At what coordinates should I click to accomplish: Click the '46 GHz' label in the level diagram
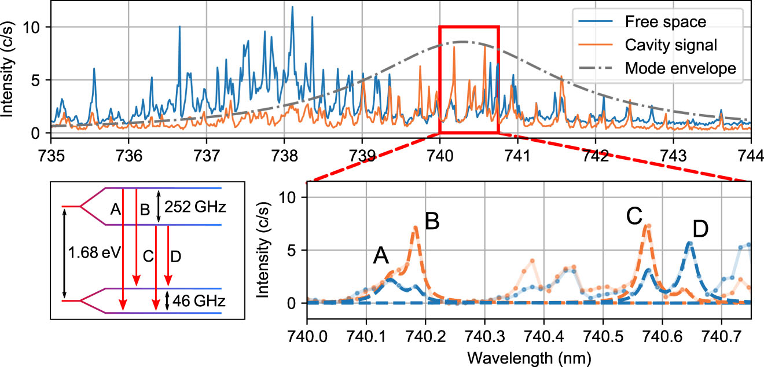coord(193,301)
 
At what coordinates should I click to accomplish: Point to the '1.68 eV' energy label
coord(91,254)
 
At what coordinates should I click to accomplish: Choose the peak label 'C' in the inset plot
coord(634,216)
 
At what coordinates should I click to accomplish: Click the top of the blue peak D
coord(689,243)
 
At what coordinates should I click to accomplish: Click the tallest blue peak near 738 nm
coord(292,7)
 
